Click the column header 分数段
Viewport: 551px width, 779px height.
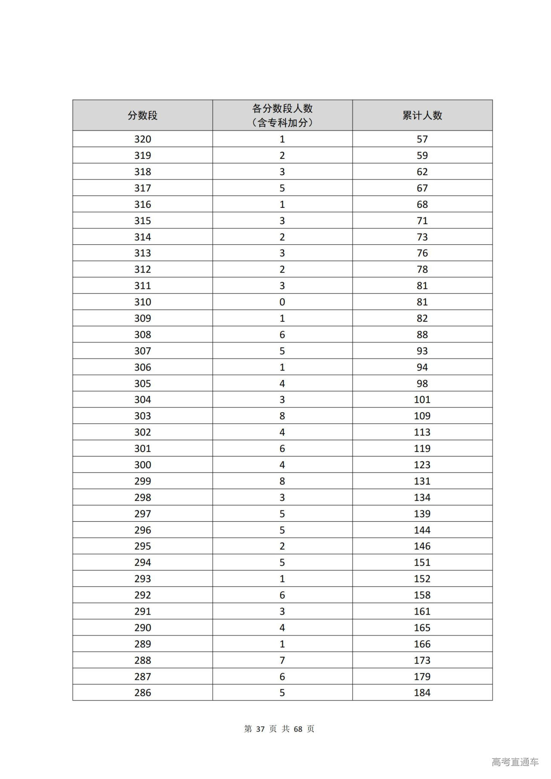[142, 115]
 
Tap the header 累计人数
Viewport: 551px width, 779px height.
[422, 115]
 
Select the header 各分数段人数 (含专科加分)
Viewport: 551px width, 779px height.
[282, 115]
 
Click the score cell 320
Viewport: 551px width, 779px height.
[142, 139]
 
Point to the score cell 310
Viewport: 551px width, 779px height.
[142, 302]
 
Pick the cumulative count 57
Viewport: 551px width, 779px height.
[422, 139]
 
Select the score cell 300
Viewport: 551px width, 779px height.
[142, 465]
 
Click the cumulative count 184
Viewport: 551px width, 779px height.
[422, 692]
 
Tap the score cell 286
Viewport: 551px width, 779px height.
[142, 692]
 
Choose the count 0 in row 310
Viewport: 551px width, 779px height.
[282, 302]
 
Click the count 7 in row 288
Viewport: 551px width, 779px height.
[282, 660]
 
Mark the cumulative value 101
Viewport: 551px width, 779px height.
[422, 400]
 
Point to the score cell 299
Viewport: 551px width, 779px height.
[142, 481]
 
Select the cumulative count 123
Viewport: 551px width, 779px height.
[422, 465]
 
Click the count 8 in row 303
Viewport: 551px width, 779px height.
[282, 416]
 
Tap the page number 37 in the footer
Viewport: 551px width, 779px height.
[260, 729]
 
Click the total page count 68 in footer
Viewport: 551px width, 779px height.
[298, 729]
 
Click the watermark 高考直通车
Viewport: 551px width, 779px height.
[515, 762]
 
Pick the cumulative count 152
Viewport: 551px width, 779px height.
[422, 579]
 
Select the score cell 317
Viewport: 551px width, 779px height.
[142, 188]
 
